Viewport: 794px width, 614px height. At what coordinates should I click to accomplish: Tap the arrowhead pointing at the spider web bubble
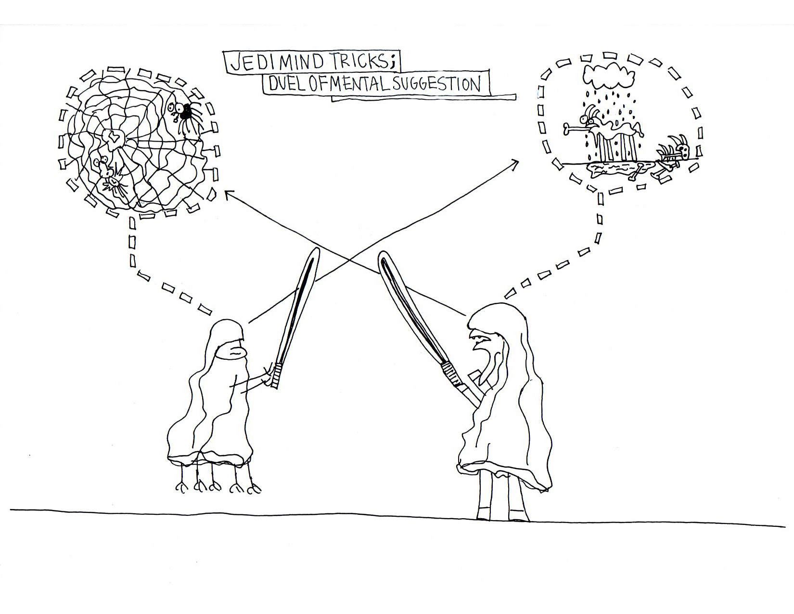[x=227, y=194]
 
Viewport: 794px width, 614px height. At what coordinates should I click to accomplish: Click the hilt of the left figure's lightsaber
[x=276, y=376]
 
